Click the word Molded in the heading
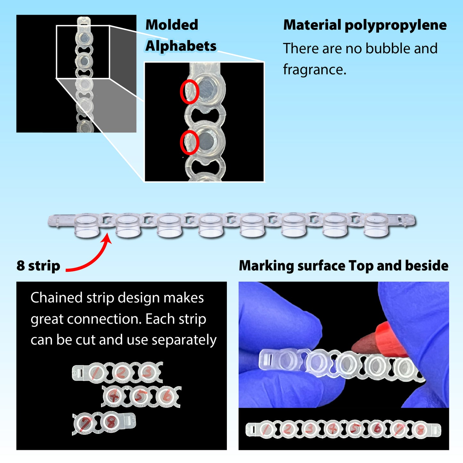pyautogui.click(x=172, y=25)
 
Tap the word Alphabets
pyautogui.click(x=181, y=46)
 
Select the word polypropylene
pyautogui.click(x=395, y=25)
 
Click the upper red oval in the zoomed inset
pyautogui.click(x=189, y=92)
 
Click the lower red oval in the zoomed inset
pyautogui.click(x=189, y=142)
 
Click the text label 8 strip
pyautogui.click(x=38, y=266)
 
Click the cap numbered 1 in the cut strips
pyautogui.click(x=95, y=373)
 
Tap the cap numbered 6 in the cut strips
pyautogui.click(x=167, y=397)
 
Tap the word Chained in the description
pyautogui.click(x=57, y=298)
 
